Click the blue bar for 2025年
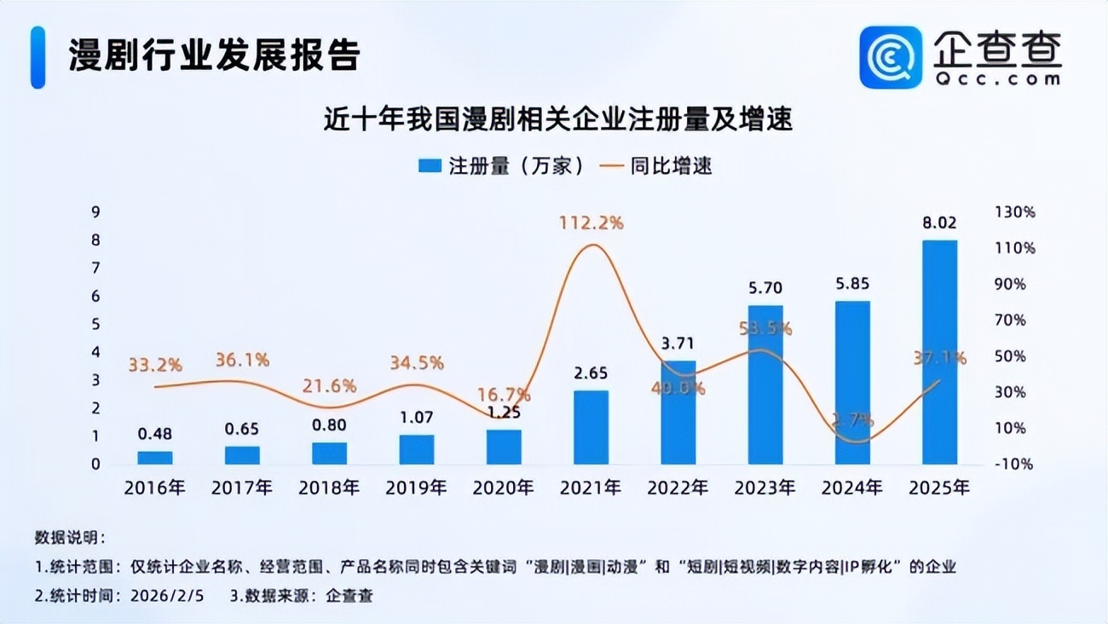[x=939, y=352]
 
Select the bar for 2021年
[x=591, y=427]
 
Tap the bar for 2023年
[x=765, y=384]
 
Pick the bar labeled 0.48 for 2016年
[x=155, y=458]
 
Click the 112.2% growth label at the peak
[x=591, y=223]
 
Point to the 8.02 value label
[x=939, y=223]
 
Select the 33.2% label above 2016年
[x=155, y=365]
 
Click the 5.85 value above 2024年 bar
[x=852, y=284]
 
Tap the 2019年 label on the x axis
[x=416, y=488]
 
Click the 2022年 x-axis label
[x=678, y=488]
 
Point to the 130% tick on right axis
[x=1014, y=212]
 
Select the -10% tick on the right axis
[x=1014, y=465]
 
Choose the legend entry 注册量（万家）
[x=503, y=166]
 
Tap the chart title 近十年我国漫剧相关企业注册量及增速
[x=557, y=118]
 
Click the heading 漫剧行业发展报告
[x=215, y=55]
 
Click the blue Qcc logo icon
[x=891, y=57]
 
